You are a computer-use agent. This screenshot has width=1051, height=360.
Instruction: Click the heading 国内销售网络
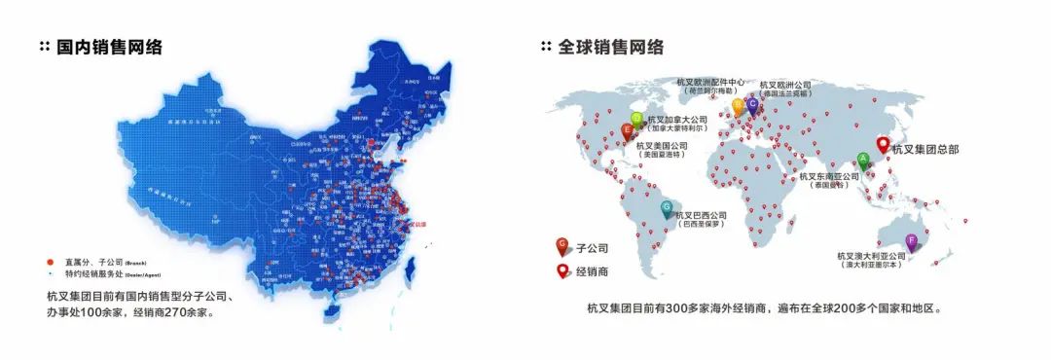(108, 47)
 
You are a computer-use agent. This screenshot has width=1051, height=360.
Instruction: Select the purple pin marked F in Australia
(911, 240)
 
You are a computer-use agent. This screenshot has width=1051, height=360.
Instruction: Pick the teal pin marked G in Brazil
(667, 208)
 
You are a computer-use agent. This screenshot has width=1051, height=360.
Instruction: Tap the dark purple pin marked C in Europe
(751, 104)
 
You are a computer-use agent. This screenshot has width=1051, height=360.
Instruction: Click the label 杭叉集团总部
(926, 148)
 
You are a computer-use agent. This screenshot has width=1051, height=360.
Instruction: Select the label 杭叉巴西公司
(701, 215)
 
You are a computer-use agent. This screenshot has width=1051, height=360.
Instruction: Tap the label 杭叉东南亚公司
(828, 176)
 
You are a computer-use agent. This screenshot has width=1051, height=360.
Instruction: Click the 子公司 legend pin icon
(562, 246)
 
